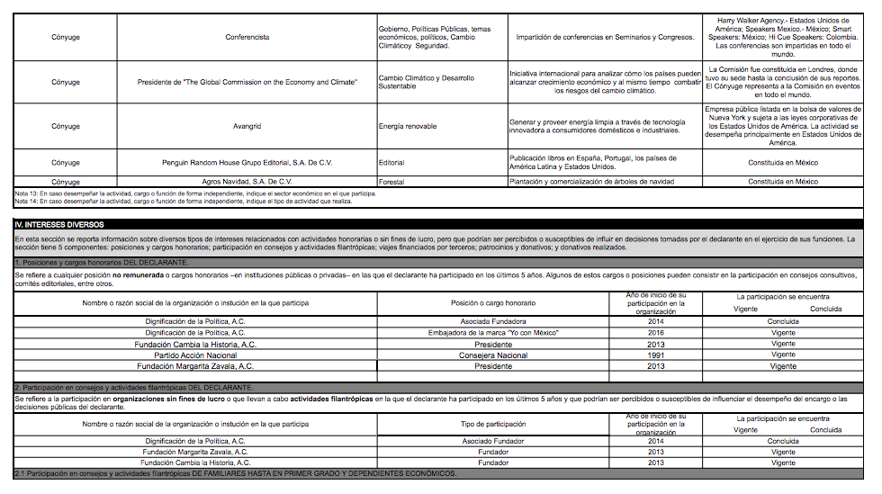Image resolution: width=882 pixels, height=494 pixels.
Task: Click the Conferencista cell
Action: coord(247,37)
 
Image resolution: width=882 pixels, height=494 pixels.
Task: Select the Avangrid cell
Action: coord(247,127)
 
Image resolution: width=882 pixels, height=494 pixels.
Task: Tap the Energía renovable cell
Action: coord(408,127)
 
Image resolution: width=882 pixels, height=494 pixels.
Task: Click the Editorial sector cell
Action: coord(391,163)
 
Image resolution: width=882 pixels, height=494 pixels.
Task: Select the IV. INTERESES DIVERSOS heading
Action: coord(59,224)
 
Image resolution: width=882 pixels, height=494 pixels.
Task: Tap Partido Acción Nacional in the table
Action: coord(196,355)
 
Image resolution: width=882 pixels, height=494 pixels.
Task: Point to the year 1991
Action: coord(655,355)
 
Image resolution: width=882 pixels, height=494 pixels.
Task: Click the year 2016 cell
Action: coord(655,333)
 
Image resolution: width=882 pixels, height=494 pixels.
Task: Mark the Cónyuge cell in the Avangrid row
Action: coord(66,127)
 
